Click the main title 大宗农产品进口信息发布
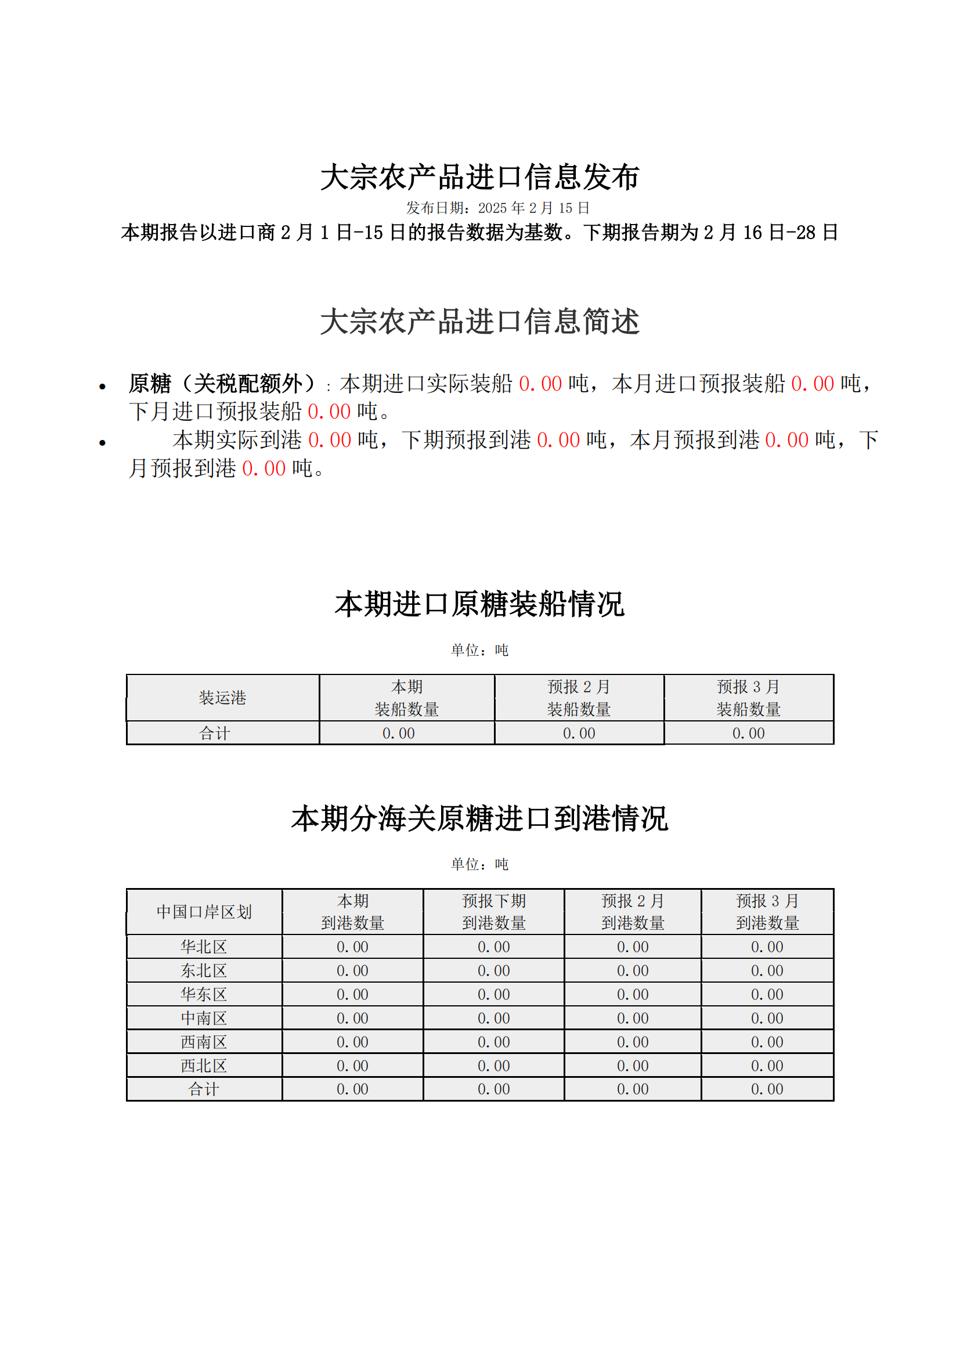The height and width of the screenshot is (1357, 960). tap(479, 177)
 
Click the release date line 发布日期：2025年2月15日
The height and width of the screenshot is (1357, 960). tap(497, 208)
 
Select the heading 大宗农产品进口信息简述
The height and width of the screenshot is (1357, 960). tap(479, 322)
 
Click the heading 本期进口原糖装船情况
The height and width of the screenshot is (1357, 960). tap(479, 604)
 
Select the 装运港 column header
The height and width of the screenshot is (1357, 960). tap(222, 698)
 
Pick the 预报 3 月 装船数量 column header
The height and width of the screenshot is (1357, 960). tap(748, 698)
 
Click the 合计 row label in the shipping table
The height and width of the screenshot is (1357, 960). tap(214, 734)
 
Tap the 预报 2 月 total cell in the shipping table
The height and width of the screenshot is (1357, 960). tap(579, 734)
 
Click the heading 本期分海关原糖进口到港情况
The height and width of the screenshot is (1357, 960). tap(479, 818)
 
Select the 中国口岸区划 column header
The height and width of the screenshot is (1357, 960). tap(204, 911)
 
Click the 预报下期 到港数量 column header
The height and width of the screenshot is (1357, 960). tap(493, 911)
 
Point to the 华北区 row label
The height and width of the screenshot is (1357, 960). tap(204, 947)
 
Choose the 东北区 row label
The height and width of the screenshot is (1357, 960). tap(204, 970)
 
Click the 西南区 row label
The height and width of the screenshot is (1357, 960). tap(204, 1042)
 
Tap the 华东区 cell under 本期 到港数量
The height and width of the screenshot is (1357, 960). tap(352, 995)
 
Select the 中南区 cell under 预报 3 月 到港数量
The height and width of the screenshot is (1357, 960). tap(767, 1019)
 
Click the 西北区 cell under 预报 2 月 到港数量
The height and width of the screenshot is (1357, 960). tap(633, 1066)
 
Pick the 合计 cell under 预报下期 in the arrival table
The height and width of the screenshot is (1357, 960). tap(493, 1089)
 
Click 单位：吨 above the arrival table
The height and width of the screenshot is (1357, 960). tap(479, 864)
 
